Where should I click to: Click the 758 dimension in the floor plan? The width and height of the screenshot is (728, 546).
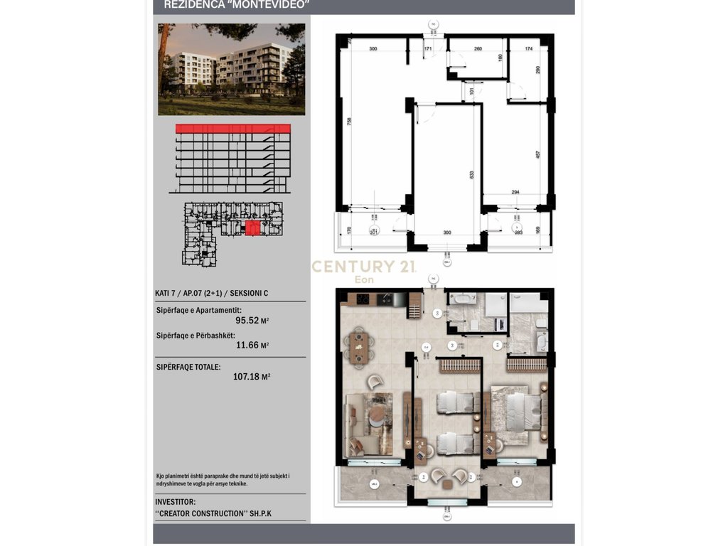point(349,122)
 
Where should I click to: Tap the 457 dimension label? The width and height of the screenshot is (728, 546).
point(537,154)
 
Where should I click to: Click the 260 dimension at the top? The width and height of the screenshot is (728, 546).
point(478,49)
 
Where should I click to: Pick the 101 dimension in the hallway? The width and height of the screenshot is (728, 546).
point(472,90)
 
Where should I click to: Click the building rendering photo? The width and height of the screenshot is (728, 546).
point(231,69)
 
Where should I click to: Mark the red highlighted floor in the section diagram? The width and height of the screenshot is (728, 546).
point(232,129)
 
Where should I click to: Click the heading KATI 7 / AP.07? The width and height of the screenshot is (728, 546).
point(211,293)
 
